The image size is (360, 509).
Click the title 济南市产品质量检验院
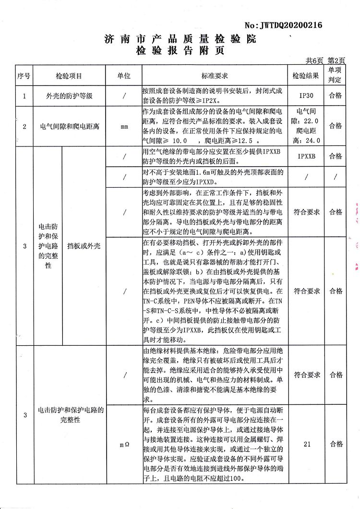180,39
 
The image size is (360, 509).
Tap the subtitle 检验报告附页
180,50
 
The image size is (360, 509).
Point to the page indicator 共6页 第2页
325,61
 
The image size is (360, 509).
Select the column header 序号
24,76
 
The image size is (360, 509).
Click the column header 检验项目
69,76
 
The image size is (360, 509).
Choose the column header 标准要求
215,76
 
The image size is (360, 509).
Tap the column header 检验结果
306,76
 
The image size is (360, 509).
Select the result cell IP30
306,96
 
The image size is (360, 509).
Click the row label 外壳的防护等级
69,96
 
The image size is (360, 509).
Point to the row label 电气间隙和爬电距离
70,127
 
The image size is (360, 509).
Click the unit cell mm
124,127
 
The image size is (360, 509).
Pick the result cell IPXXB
306,157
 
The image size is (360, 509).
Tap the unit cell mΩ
124,445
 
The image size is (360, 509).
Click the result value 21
307,444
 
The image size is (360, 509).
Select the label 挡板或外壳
84,246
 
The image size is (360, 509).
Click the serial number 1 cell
24,96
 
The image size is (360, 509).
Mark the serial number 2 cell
24,127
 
